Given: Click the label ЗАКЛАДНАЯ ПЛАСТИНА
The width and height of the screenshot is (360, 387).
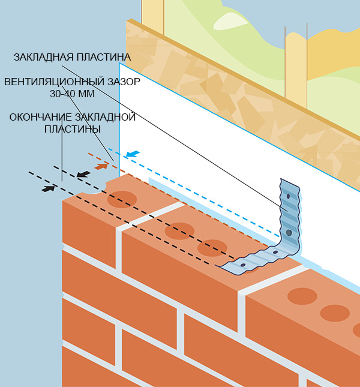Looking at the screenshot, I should (x=71, y=58).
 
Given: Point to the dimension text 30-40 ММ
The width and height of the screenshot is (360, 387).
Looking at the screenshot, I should (x=72, y=93).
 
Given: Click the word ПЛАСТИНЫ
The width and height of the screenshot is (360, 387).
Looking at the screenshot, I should (x=73, y=128).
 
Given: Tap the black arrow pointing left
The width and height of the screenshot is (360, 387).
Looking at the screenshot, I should (x=84, y=174).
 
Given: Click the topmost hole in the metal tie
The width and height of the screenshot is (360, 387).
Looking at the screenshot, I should (x=288, y=196).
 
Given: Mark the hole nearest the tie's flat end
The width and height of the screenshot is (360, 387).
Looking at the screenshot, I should (x=242, y=265).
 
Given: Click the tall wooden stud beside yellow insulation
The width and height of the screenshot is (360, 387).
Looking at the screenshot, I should (x=296, y=66).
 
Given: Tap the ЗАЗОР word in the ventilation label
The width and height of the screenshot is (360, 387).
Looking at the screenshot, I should (x=121, y=82).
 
